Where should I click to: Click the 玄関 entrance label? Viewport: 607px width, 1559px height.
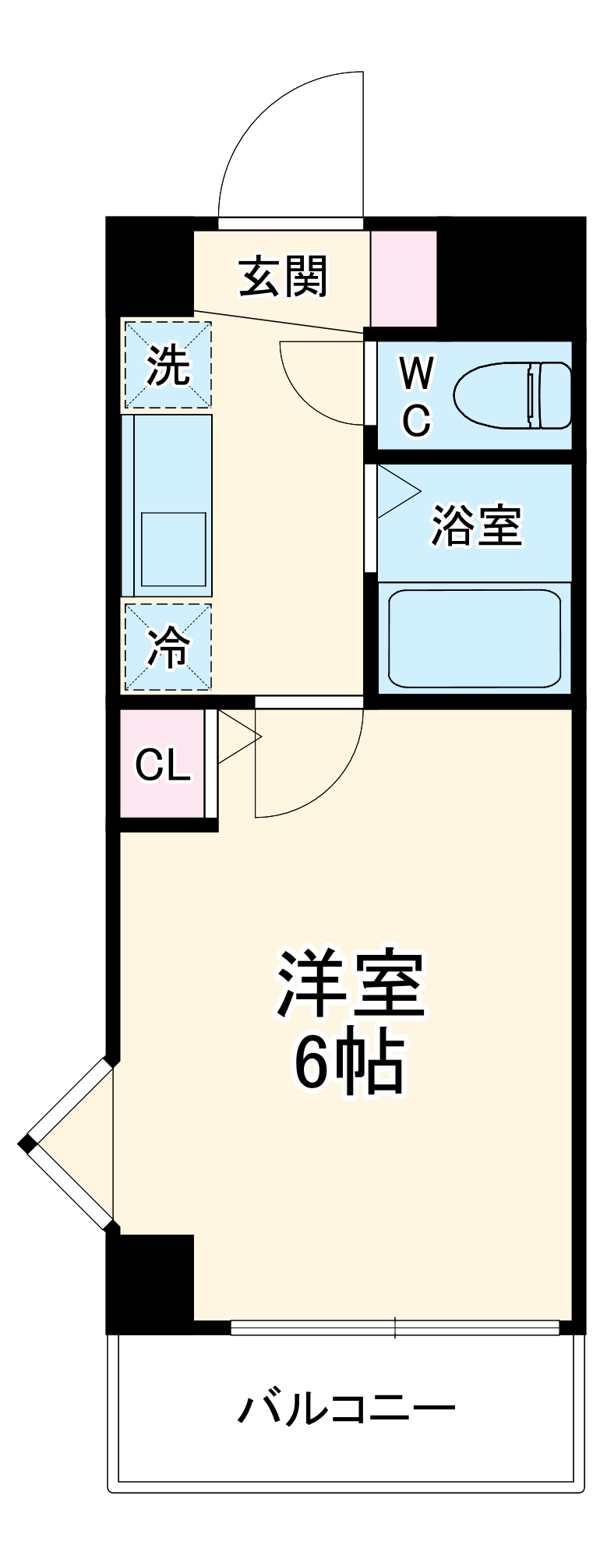(284, 277)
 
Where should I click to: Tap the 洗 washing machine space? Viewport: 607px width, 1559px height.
(168, 365)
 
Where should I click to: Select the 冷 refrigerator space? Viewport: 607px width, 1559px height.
(168, 647)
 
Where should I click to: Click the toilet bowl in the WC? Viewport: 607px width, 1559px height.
(513, 395)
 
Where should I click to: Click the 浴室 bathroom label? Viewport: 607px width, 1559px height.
(476, 525)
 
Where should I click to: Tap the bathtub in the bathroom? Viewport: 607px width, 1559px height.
(475, 638)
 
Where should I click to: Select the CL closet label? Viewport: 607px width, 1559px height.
(162, 765)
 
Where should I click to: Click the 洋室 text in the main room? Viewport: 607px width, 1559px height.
(350, 985)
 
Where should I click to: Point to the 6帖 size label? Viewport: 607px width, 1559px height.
(350, 1064)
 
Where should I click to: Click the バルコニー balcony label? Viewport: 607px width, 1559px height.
(346, 1409)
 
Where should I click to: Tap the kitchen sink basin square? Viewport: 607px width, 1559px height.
(173, 548)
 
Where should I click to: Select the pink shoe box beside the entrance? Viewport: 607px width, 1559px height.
(403, 278)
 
